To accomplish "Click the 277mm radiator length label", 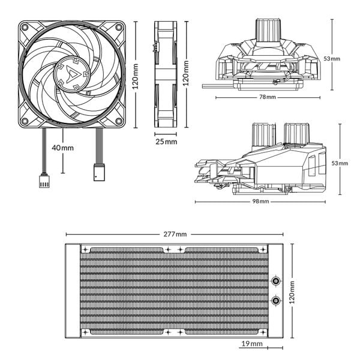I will coord(173,233).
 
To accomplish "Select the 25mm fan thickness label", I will coord(166,142).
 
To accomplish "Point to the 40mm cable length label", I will coord(62,147).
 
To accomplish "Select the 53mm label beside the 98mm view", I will coord(339,163).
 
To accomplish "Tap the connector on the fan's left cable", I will coord(44,178).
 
